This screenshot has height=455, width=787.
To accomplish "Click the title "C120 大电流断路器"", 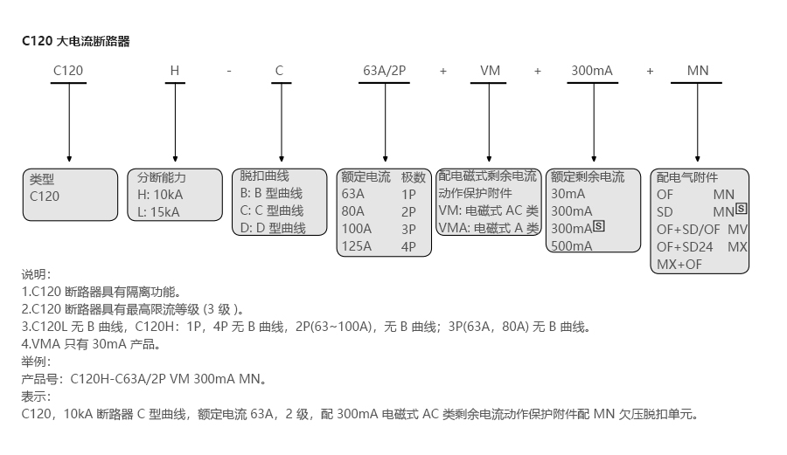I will tap(75, 41).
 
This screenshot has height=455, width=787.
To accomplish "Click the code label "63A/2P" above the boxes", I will tap(384, 70).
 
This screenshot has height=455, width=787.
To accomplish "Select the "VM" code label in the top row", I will tap(491, 70).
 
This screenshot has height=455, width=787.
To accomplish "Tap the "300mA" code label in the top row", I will tap(592, 70).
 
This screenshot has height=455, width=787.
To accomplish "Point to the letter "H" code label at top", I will tap(174, 70).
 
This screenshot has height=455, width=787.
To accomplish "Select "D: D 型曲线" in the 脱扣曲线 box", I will tap(273, 228).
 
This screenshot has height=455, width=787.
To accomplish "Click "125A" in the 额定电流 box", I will tap(357, 245).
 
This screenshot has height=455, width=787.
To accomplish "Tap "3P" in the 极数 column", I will tap(408, 228).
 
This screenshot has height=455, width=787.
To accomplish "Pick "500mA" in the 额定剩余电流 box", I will tap(572, 245).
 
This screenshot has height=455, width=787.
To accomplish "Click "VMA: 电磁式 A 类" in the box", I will tap(489, 228).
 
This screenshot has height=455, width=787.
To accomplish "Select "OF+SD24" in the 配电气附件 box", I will tap(685, 246).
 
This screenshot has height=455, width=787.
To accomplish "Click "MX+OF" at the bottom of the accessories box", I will tap(679, 264).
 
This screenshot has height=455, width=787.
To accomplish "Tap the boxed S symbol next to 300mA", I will tap(599, 226).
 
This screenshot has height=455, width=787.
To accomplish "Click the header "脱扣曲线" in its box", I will tap(264, 176).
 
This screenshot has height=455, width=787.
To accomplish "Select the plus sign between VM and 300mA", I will tap(538, 70).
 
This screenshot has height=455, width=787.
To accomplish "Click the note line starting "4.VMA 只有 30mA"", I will tap(91, 344).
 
